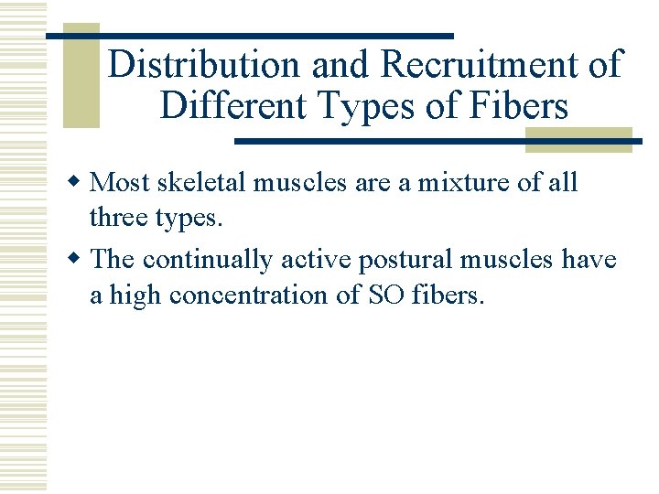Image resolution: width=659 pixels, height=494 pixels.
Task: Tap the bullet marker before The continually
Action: tap(80, 260)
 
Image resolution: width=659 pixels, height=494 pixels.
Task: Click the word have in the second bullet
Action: tap(589, 259)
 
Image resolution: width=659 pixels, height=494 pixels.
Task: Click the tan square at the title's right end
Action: tap(578, 139)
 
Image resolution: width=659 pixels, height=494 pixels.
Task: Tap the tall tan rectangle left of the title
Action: tap(81, 75)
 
